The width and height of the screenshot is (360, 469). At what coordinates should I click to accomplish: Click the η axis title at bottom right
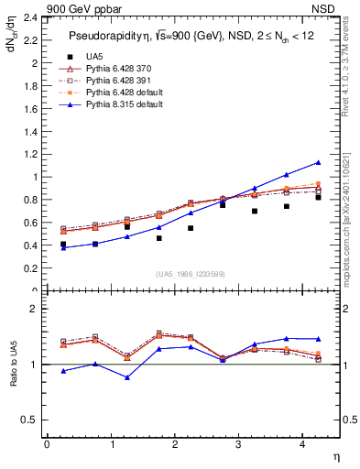coord(335,455)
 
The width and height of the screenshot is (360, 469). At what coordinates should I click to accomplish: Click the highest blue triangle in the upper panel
coord(318,162)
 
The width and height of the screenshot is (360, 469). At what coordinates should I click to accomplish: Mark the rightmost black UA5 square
coord(318,197)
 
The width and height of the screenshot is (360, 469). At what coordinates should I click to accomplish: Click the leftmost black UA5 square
coord(63,245)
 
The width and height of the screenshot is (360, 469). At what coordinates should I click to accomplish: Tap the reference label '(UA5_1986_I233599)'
coord(191,274)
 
